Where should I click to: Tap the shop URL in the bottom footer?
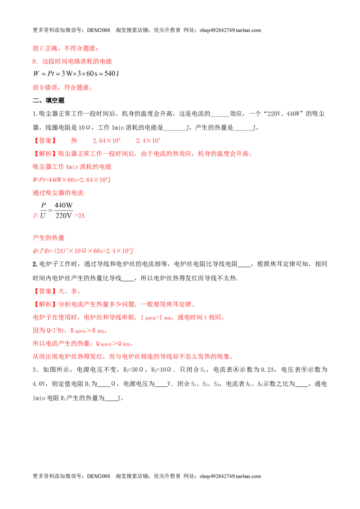pyautogui.click(x=230, y=476)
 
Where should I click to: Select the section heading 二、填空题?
pyautogui.click(x=49, y=101)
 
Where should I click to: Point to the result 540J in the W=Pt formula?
pyautogui.click(x=112, y=74)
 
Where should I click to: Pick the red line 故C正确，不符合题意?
pyautogui.click(x=65, y=49)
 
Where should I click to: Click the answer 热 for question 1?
pyautogui.click(x=74, y=141)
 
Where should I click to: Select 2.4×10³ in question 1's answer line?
pyautogui.click(x=148, y=141)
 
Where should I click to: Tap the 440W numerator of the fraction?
pyautogui.click(x=63, y=205)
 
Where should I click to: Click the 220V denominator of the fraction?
pyautogui.click(x=63, y=215)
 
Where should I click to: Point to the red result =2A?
pyautogui.click(x=80, y=215)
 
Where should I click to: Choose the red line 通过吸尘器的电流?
pyautogui.click(x=58, y=193)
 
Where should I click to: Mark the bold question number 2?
pyautogui.click(x=35, y=264)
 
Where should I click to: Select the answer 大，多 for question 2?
pyautogui.click(x=69, y=291)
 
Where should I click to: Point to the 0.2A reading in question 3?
pyautogui.click(x=267, y=370)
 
